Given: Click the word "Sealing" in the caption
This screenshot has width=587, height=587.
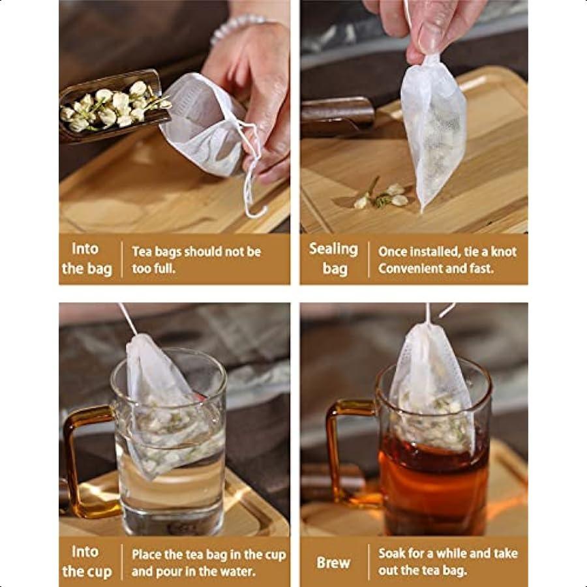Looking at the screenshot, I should (333, 248).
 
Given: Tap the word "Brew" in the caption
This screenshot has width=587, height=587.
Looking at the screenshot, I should (333, 562).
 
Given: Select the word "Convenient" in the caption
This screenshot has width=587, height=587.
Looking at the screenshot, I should (409, 268).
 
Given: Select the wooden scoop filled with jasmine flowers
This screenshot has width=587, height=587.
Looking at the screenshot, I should (111, 108).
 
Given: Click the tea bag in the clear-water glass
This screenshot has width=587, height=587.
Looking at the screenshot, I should (163, 404).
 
